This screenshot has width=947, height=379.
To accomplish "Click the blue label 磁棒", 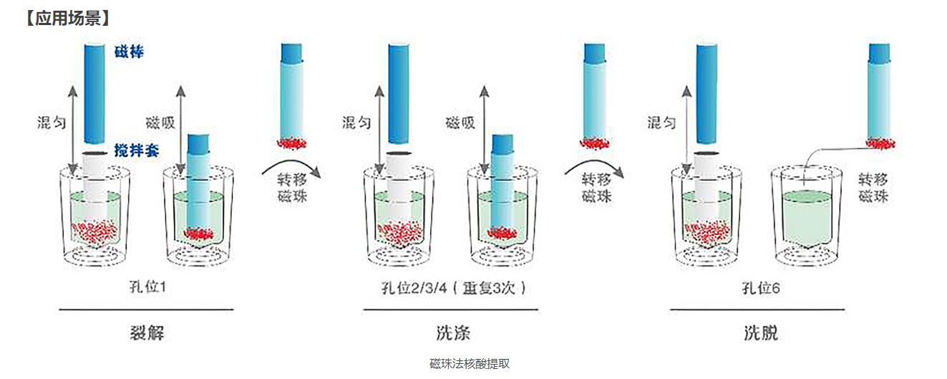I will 129,52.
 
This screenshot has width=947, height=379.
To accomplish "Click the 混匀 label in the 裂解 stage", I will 52,123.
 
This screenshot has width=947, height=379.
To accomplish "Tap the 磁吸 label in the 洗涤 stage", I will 460,123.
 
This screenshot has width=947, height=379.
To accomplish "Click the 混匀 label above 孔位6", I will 661,123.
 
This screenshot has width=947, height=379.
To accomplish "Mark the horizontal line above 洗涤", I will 452,310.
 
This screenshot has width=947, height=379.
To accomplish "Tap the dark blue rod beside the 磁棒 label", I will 94,93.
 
